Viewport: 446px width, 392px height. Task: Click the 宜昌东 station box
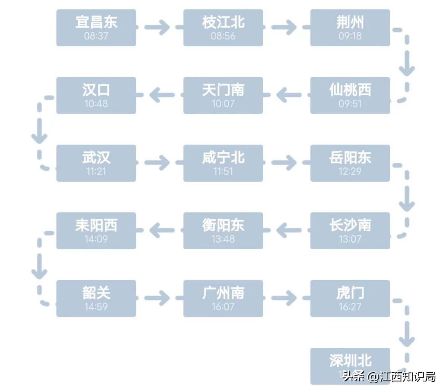(x=96, y=27)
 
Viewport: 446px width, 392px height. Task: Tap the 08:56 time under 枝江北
(x=223, y=36)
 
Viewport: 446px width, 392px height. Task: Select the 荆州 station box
(x=350, y=27)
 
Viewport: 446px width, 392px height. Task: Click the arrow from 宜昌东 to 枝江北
(x=157, y=27)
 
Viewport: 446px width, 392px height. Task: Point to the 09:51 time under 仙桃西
(x=350, y=104)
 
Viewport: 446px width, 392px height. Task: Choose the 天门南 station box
(x=223, y=95)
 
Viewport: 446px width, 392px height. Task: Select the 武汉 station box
(x=96, y=163)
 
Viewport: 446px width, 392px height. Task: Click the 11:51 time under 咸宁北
(x=223, y=171)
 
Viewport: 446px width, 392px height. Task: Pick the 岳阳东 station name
(x=350, y=157)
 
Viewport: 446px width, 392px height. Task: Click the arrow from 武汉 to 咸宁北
(x=157, y=163)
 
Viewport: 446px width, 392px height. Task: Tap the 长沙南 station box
(x=350, y=230)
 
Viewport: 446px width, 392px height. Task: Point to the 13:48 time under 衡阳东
(x=223, y=239)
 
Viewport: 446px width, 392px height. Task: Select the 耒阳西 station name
(x=96, y=225)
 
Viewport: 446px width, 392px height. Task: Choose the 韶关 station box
(x=96, y=298)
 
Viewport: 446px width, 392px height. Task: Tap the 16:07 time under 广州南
(x=223, y=307)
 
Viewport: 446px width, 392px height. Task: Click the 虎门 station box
(x=350, y=298)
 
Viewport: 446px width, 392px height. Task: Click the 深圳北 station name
(x=350, y=360)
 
